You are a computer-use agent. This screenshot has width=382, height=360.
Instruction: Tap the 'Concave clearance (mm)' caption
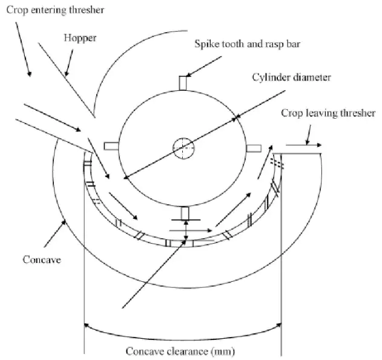(180, 351)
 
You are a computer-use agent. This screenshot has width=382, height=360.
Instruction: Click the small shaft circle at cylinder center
(182, 148)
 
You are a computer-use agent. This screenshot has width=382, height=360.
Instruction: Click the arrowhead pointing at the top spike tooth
(189, 76)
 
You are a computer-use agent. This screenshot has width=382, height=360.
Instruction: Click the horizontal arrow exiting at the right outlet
(303, 145)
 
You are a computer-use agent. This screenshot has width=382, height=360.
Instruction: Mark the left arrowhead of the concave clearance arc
(85, 322)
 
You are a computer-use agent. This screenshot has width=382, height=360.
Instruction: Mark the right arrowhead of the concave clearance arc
(280, 322)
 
